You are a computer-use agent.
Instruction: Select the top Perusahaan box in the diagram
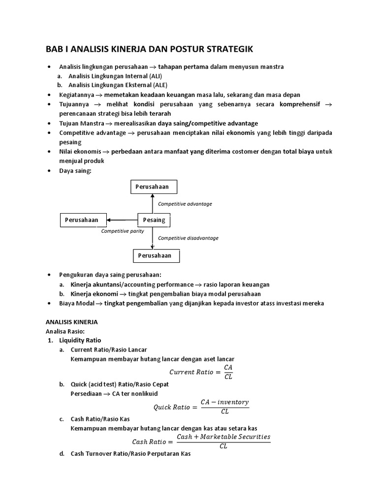[x=154, y=187]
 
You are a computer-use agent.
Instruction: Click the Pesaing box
[x=154, y=220]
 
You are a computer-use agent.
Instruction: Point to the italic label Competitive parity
[x=123, y=231]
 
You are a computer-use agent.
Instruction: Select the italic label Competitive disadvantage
[x=188, y=238]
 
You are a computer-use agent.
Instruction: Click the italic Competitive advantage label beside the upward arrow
[x=185, y=204]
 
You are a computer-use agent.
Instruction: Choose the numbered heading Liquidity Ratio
[x=80, y=340]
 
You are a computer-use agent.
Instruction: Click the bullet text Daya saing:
[x=75, y=170]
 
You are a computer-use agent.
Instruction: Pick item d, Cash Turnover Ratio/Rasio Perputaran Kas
[x=130, y=454]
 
